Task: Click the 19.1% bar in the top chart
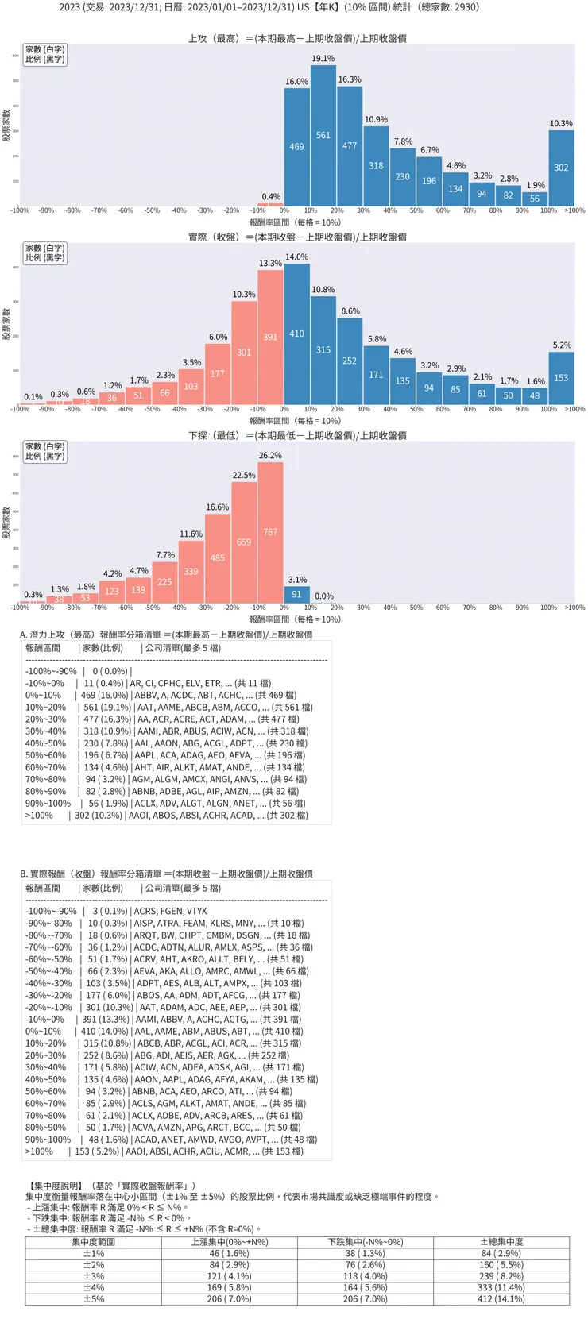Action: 323,135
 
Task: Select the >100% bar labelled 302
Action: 561,168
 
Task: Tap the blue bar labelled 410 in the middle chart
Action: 296,334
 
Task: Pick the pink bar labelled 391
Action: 270,337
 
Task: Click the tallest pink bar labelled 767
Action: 270,532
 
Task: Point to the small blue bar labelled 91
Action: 296,594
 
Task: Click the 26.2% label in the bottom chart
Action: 270,456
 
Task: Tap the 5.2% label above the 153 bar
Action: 562,345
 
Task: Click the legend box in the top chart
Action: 44,54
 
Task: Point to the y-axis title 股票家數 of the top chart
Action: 6,125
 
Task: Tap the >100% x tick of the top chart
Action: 574,210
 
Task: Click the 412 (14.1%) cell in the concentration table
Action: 501,1299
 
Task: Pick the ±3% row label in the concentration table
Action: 94,1276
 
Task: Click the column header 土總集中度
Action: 501,1242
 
